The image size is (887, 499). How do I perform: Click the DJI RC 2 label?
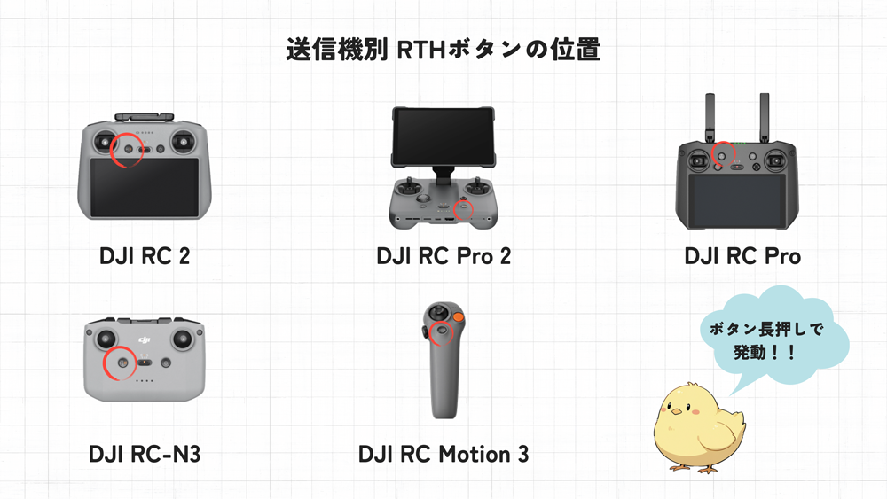tap(145, 256)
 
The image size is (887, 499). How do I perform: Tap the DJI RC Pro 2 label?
tap(443, 256)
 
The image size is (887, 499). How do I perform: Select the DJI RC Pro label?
tap(742, 256)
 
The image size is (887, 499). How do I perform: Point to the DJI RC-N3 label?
tap(145, 455)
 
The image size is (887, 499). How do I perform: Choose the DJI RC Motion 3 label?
tap(443, 455)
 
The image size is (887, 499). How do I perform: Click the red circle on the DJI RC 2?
tap(127, 150)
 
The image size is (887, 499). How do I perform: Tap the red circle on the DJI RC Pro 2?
tap(463, 209)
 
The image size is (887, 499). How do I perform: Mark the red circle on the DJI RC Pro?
tap(722, 152)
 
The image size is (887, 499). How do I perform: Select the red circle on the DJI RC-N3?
tap(120, 363)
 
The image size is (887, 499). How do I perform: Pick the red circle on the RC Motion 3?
tap(441, 333)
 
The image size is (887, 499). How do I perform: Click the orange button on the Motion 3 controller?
tap(459, 317)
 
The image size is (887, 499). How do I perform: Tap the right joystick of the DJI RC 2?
tap(183, 141)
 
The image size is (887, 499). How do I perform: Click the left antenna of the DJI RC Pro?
tap(710, 117)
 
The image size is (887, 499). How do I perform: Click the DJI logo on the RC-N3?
tap(145, 339)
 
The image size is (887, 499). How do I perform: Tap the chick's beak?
tap(675, 411)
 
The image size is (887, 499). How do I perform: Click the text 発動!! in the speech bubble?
tap(765, 353)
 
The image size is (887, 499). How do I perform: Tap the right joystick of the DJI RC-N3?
tap(183, 339)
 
